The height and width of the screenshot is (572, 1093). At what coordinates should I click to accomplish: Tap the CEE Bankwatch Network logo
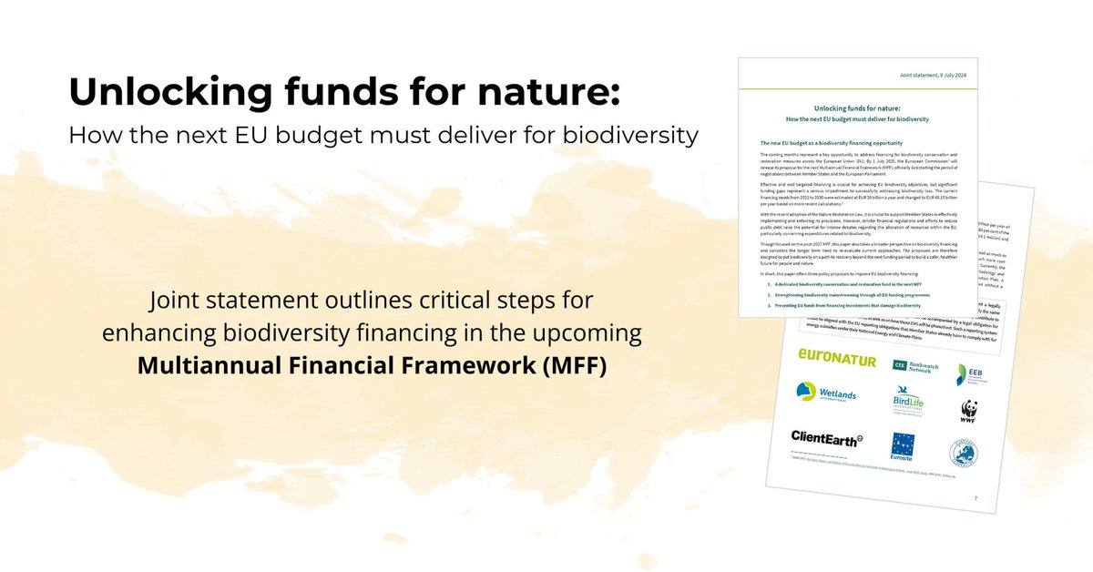pos(913,365)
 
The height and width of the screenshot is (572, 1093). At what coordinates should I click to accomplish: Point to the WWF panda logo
pos(968,412)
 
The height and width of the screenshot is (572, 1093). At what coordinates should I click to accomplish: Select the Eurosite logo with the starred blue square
pos(905,449)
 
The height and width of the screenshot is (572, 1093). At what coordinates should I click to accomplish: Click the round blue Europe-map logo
pos(967,453)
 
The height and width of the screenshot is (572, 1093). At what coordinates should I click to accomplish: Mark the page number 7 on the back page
pos(976,498)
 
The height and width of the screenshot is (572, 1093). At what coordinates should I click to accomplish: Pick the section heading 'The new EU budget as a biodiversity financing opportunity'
pos(830,143)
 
